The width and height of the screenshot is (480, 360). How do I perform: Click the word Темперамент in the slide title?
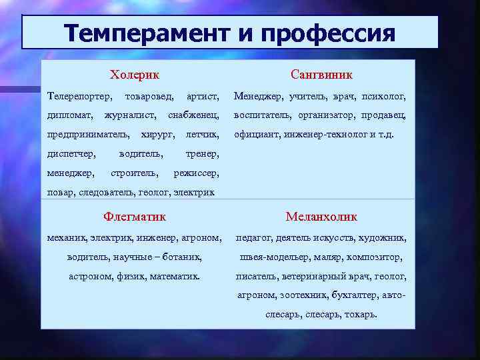coord(143,33)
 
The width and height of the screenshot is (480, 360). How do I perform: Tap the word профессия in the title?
coord(328,33)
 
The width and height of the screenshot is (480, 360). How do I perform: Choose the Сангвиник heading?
coord(321,75)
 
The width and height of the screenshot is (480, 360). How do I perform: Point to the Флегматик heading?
coord(135,217)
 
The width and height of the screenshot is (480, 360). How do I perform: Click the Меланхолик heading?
coord(321,217)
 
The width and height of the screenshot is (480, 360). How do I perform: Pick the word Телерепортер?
coord(79,97)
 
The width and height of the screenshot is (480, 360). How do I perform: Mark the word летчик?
coord(203,135)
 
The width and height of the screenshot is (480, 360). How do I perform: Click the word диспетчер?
coord(71,155)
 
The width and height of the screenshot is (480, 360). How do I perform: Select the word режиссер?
coord(196,173)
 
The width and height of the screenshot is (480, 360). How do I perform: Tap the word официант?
coord(255,135)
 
